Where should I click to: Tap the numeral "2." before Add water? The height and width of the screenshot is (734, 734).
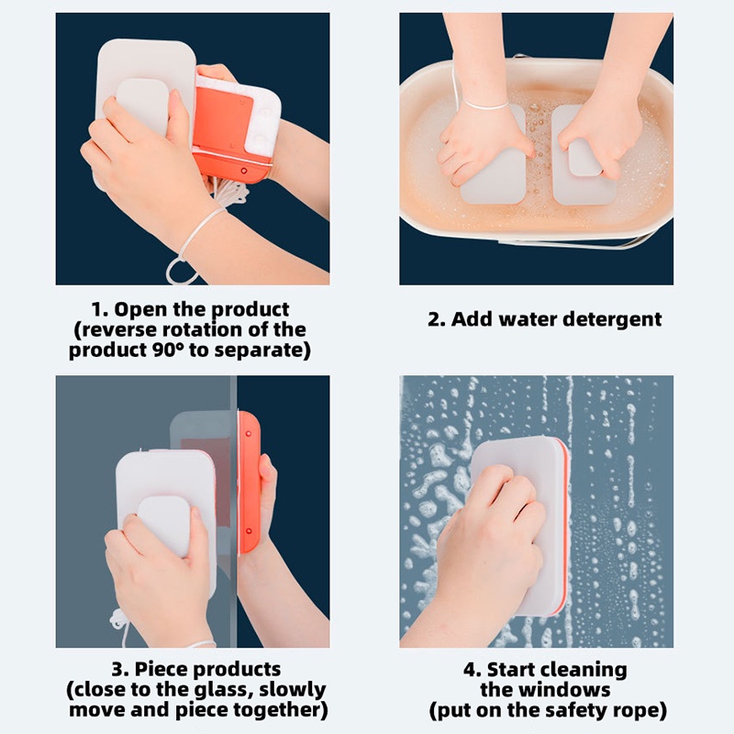[x=436, y=319]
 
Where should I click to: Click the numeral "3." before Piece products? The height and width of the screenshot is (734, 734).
[x=120, y=670]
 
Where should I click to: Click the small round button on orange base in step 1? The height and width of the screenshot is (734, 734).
[x=244, y=171]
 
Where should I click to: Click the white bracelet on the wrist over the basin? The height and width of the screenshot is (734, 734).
[x=485, y=105]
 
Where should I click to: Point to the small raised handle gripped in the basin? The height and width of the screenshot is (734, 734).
[x=585, y=157]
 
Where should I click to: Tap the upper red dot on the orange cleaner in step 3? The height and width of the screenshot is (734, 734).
[x=248, y=434]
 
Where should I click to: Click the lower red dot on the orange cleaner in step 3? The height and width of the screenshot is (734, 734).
[x=249, y=531]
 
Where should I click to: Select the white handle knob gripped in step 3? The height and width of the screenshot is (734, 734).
[x=164, y=525]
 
